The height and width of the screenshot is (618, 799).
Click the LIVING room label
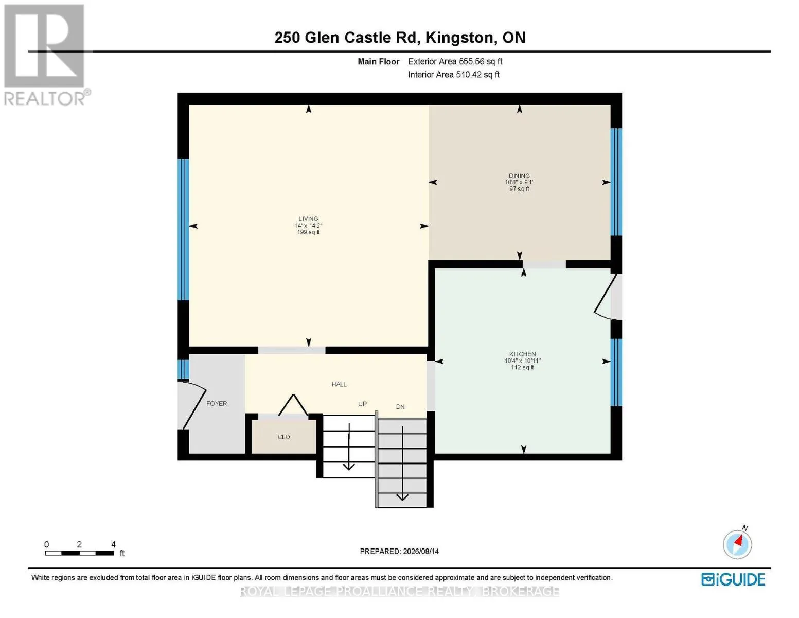[308, 219]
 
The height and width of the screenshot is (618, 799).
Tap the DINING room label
[519, 176]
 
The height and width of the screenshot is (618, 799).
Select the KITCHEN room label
[522, 354]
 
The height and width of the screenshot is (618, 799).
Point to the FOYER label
[217, 403]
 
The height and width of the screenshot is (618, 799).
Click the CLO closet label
[283, 437]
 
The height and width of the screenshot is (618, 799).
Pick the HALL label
[339, 384]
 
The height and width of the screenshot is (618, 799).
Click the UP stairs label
[362, 404]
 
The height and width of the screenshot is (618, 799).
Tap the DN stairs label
[400, 407]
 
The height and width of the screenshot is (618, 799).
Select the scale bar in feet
[79, 553]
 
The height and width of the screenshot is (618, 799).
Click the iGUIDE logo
[733, 579]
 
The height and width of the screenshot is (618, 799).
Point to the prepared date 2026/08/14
[421, 551]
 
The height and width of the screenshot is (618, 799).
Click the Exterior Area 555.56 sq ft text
[455, 61]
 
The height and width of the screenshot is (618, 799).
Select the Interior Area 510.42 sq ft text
[454, 74]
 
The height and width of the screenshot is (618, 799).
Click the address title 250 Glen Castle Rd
[346, 38]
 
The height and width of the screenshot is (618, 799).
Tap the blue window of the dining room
[616, 182]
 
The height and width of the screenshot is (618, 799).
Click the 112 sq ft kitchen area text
[522, 367]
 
